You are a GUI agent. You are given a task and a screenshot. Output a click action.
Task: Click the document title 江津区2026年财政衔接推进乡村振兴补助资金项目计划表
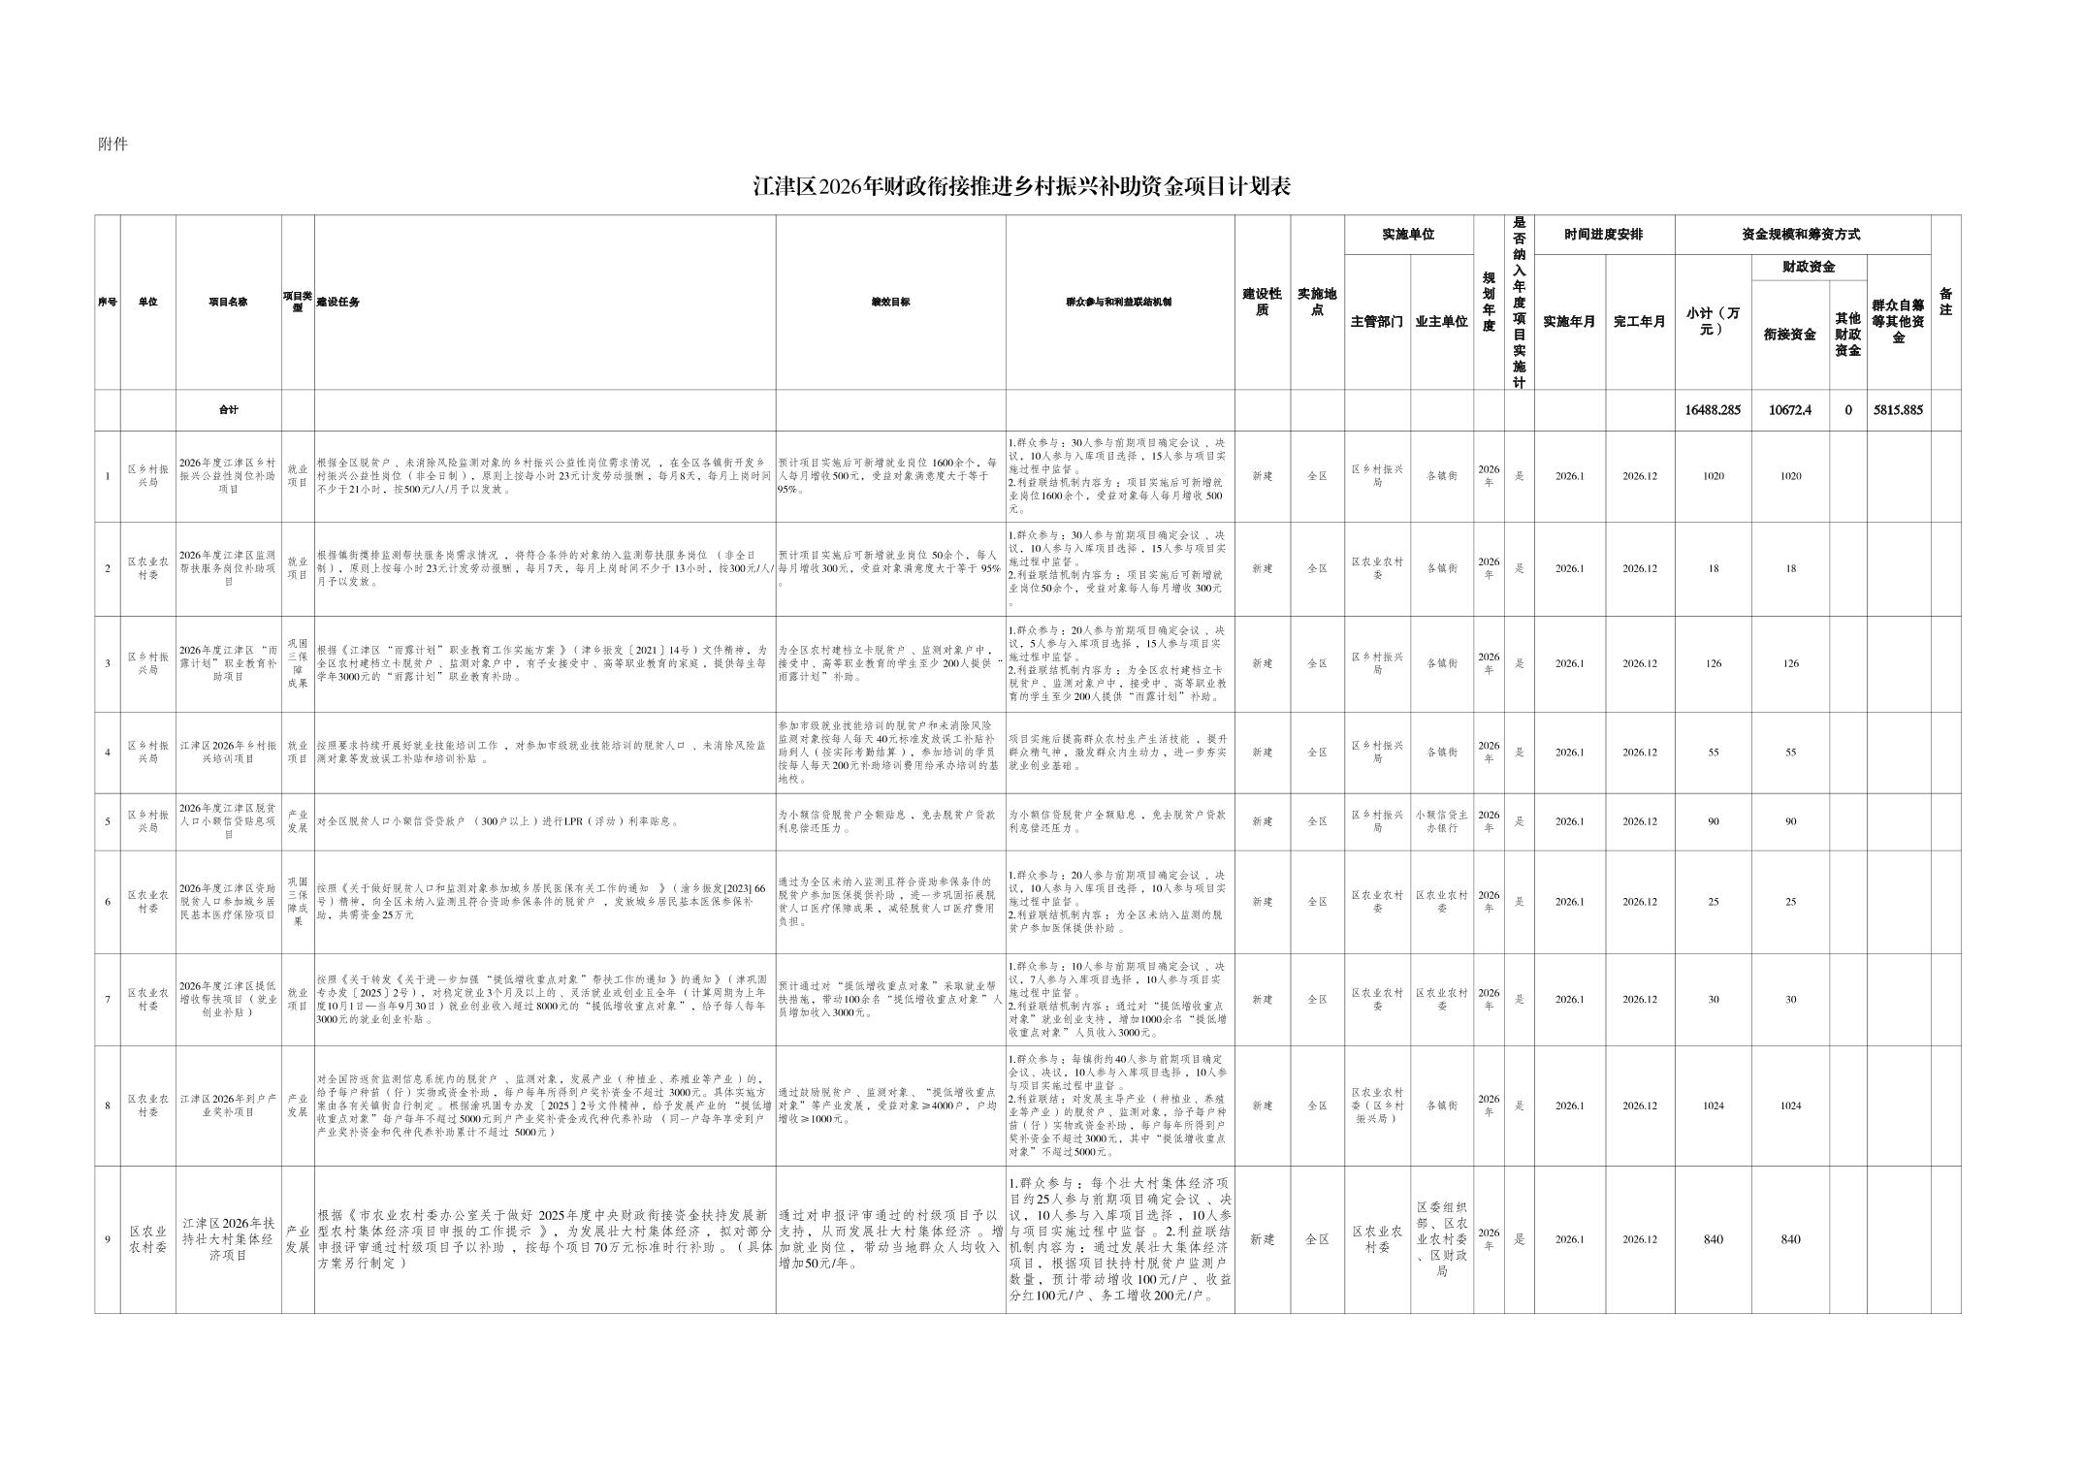[x=1022, y=187]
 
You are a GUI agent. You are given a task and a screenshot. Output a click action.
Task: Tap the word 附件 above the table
[x=112, y=144]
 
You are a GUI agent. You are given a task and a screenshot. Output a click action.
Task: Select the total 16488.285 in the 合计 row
[x=1713, y=410]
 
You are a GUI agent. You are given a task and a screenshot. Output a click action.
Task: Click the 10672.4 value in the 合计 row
[x=1789, y=410]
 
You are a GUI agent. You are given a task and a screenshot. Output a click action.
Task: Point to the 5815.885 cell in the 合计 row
[x=1898, y=410]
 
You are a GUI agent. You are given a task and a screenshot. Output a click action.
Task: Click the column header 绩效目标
[x=890, y=302]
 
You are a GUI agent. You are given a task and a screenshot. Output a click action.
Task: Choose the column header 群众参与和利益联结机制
[x=1119, y=302]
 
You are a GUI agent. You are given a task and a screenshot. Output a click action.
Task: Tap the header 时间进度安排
[x=1604, y=235]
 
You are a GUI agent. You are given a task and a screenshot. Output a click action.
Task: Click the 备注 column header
[x=1945, y=302]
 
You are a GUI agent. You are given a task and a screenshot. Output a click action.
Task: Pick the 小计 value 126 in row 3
[x=1713, y=664]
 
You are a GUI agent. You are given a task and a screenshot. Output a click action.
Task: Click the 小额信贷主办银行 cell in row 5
[x=1441, y=821]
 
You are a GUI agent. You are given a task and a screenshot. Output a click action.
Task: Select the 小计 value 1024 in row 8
[x=1713, y=1105]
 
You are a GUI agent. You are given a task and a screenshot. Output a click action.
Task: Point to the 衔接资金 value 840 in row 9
[x=1790, y=1239]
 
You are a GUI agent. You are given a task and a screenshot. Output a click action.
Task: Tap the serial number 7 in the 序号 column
[x=108, y=1000]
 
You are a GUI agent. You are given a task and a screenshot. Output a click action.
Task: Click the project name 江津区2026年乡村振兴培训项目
[x=228, y=753]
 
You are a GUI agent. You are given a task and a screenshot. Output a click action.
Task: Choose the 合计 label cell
[x=228, y=410]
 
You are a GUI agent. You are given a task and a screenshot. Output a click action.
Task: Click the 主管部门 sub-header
[x=1376, y=322]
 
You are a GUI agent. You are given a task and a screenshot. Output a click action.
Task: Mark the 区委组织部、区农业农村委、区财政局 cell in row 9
[x=1441, y=1239]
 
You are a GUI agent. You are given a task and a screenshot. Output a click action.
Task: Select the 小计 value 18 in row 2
[x=1713, y=569]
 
